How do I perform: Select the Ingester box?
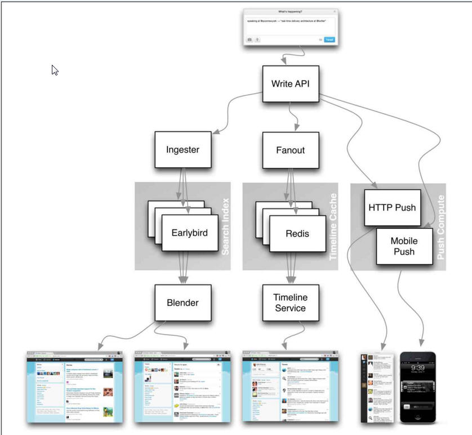pyautogui.click(x=179, y=150)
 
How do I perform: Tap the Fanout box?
pyautogui.click(x=291, y=150)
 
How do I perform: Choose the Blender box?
pyautogui.click(x=182, y=303)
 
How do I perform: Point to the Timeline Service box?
pyautogui.click(x=290, y=302)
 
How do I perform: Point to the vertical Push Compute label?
pyautogui.click(x=440, y=227)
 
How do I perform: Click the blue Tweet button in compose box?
pyautogui.click(x=329, y=40)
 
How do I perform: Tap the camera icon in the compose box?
pyautogui.click(x=250, y=40)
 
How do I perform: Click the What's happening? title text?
pyautogui.click(x=291, y=12)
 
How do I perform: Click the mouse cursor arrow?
pyautogui.click(x=55, y=69)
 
